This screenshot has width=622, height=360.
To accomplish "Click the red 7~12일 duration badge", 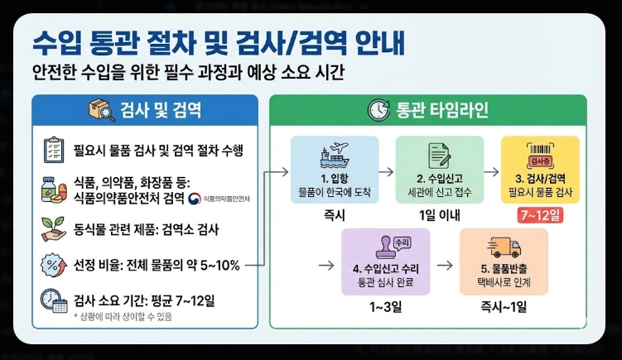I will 539,215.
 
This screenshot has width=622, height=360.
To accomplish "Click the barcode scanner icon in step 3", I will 539,156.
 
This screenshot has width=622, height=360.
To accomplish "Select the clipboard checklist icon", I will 53,150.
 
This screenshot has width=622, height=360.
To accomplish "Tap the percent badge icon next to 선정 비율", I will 53,265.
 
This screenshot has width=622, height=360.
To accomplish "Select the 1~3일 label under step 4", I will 384,307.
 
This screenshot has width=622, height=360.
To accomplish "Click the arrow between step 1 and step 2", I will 381,171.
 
